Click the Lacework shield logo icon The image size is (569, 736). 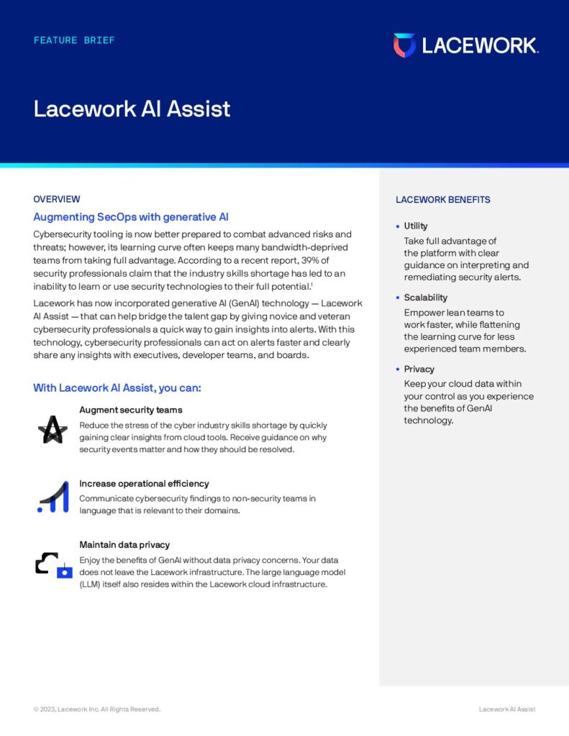(x=404, y=45)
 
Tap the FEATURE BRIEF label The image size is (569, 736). (x=74, y=40)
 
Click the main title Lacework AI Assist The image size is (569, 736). (x=132, y=109)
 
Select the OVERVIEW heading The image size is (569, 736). (x=57, y=199)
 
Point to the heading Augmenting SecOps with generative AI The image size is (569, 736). (x=131, y=217)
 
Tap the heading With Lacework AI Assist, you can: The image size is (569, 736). (x=117, y=388)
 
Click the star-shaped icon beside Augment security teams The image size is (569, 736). (x=52, y=430)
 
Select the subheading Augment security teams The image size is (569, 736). (x=131, y=410)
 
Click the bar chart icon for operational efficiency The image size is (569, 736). (x=52, y=497)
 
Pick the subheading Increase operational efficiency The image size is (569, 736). (x=144, y=484)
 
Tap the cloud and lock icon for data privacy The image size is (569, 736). (x=54, y=565)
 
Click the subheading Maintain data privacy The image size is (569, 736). (x=124, y=545)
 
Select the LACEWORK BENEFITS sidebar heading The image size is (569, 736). (x=443, y=200)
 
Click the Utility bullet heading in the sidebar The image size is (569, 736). (x=416, y=226)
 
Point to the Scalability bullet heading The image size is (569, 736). (x=425, y=298)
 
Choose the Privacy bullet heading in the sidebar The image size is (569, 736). (x=419, y=369)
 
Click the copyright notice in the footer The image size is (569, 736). (x=97, y=709)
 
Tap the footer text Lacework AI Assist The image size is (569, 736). (x=507, y=709)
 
